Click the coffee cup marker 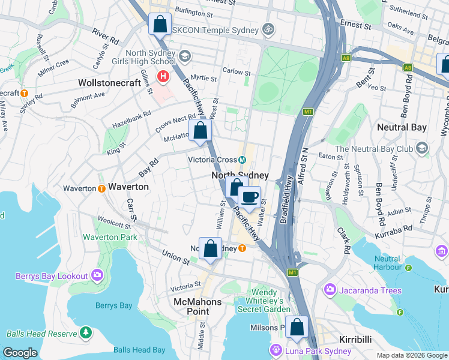pos(249,197)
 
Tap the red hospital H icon pos(162,77)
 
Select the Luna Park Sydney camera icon pos(276,350)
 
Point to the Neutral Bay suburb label pos(402,127)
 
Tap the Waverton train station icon pos(101,188)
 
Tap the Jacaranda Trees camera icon pos(330,290)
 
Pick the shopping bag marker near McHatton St pos(200,130)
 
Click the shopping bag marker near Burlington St pos(159,25)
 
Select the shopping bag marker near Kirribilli pos(297,327)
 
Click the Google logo pos(20,353)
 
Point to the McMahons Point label pos(197,306)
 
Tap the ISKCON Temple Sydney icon pos(268,29)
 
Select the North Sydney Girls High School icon pos(185,56)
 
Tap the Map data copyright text pos(411,355)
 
